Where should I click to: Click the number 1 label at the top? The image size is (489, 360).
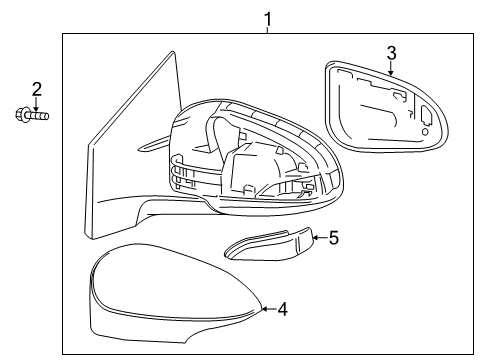[x=268, y=17]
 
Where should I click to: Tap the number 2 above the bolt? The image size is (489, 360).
[x=36, y=91]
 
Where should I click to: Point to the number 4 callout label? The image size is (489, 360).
[x=282, y=309]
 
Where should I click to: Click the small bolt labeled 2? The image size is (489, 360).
[x=33, y=117]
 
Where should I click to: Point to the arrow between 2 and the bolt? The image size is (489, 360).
[x=36, y=104]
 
